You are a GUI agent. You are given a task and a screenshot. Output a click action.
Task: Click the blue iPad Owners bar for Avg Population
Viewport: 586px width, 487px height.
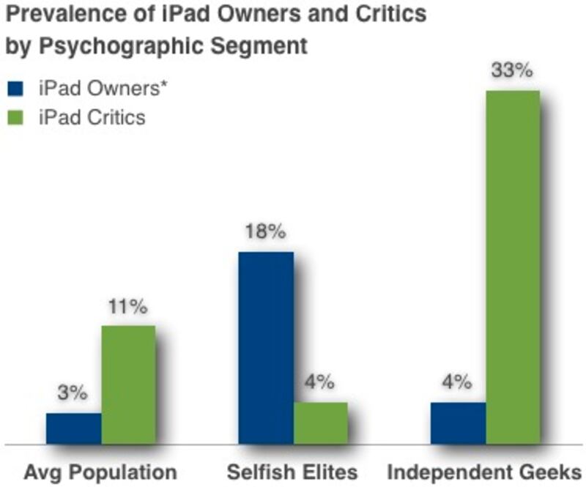coord(73,428)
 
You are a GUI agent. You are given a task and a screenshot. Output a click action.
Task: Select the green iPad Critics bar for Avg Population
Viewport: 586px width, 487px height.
coord(128,384)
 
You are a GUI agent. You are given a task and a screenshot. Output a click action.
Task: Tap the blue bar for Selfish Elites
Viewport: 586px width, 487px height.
coord(266,348)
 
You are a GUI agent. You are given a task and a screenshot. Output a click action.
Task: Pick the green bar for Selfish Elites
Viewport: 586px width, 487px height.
coord(320,423)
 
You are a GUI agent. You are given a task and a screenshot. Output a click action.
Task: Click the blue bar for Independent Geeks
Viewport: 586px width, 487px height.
coord(458,423)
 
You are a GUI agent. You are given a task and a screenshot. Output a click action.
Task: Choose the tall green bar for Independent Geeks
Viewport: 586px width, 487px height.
coord(513,267)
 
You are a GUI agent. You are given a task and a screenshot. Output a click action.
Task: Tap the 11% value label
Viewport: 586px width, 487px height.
coord(127,306)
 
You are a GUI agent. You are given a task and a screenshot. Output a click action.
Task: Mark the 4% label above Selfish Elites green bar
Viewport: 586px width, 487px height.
coord(319,382)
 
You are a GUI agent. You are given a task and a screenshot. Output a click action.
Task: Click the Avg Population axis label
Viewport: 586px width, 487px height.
coord(100,472)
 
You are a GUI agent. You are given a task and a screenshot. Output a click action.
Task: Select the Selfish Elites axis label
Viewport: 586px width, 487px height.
coord(292,472)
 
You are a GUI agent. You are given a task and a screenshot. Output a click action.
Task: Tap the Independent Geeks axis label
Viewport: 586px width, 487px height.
coord(484,472)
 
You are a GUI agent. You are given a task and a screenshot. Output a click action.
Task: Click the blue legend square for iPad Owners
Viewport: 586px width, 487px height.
coord(16,89)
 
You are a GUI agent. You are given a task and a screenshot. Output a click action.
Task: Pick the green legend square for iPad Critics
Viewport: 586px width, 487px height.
coord(16,116)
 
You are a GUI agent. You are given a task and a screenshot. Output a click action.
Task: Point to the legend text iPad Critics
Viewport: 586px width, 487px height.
coord(92,116)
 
